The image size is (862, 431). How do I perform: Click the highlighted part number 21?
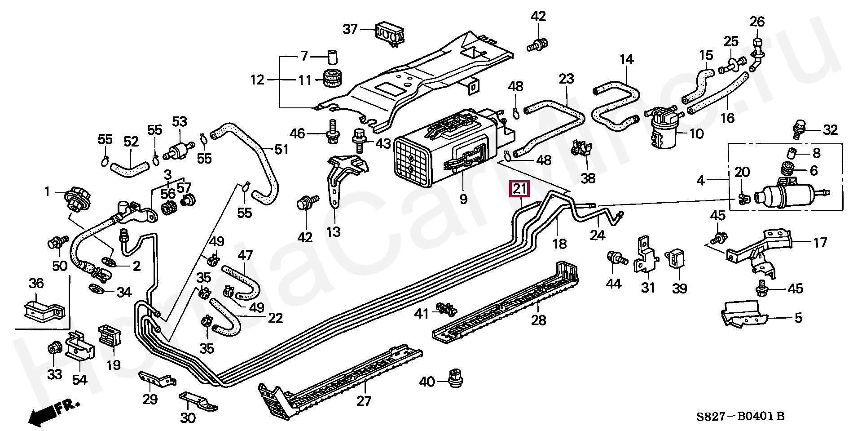[x=519, y=189]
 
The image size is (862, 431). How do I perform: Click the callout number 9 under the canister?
[x=464, y=198]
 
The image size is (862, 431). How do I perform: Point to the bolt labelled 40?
[x=455, y=379]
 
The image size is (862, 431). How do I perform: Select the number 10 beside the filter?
[x=696, y=133]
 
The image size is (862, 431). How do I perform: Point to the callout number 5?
[x=798, y=318]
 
